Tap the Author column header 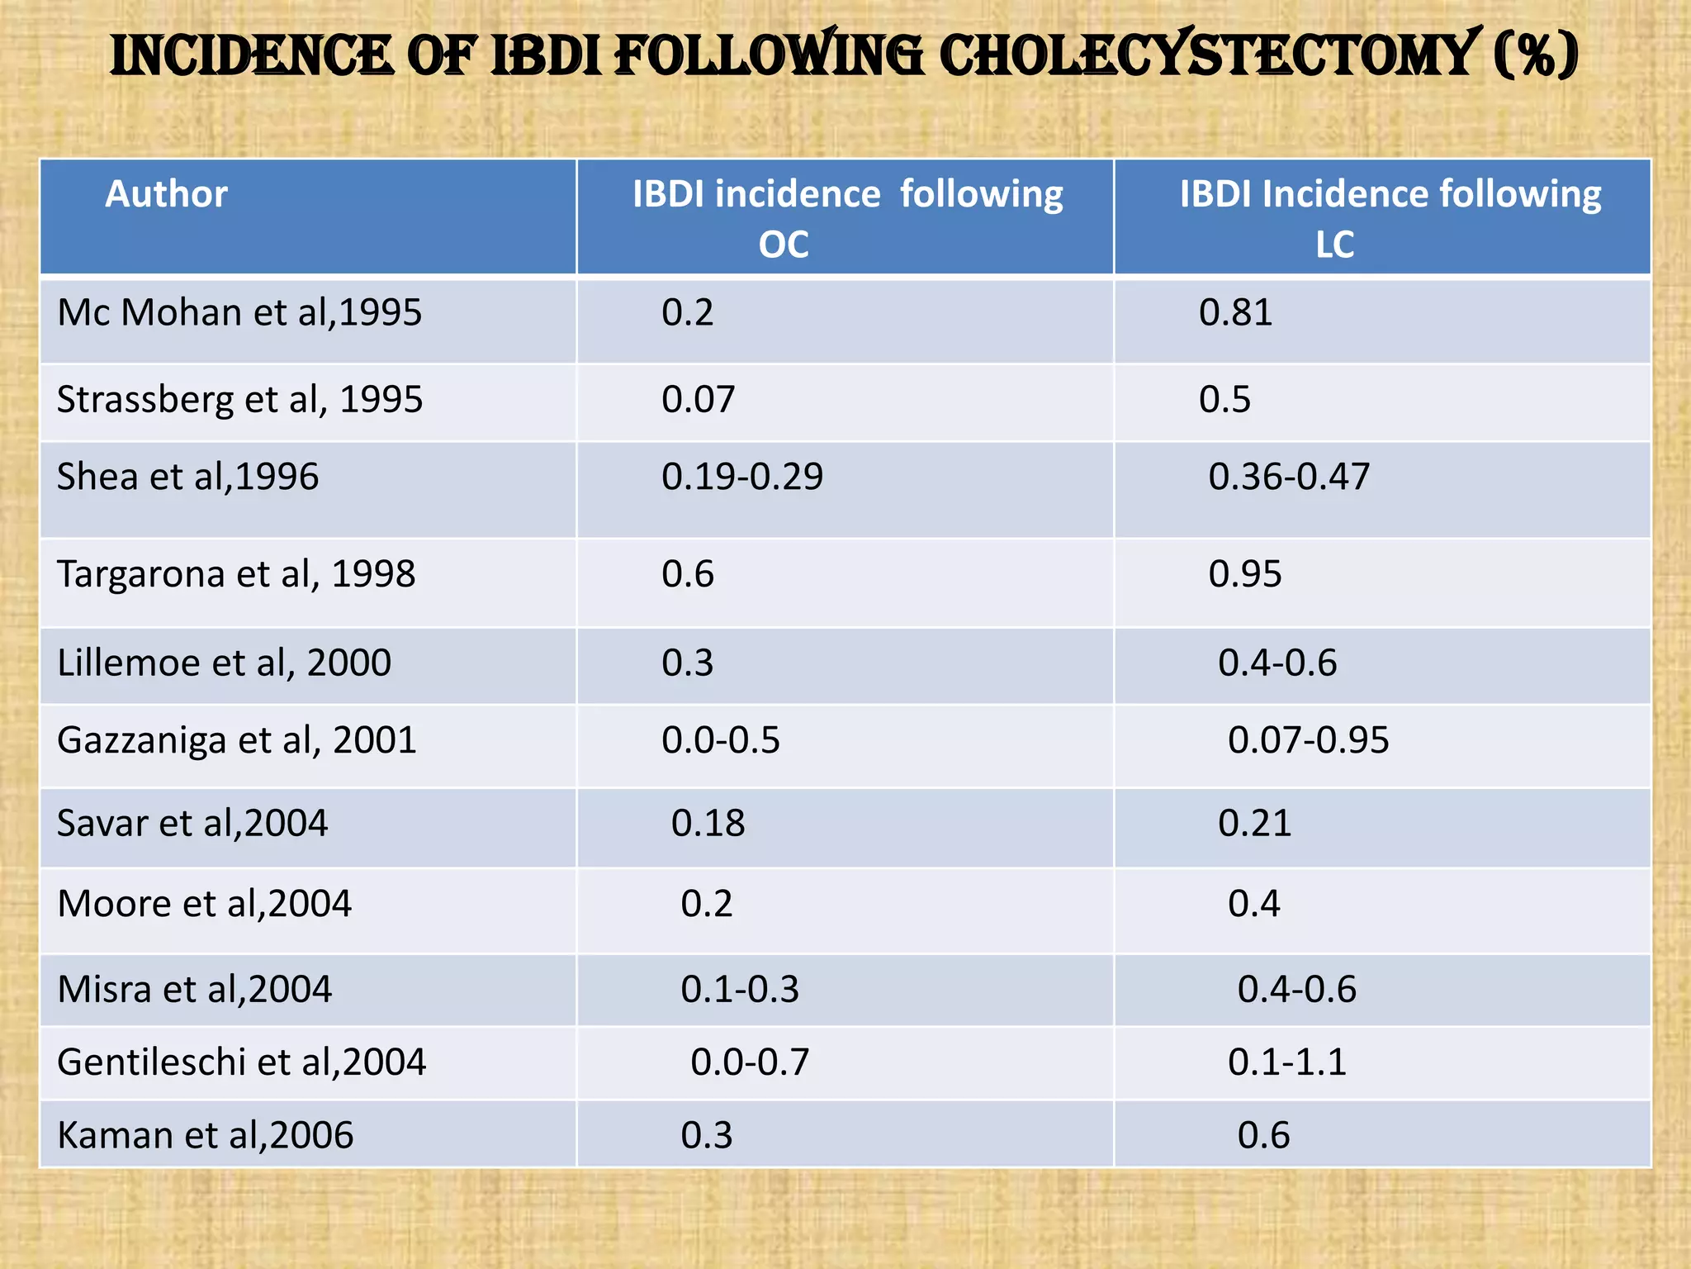pyautogui.click(x=166, y=194)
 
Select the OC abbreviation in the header pyautogui.click(x=784, y=245)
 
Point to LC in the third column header pyautogui.click(x=1334, y=245)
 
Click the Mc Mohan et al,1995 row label pyautogui.click(x=239, y=313)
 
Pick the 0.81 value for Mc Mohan pyautogui.click(x=1235, y=313)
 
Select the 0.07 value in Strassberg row pyautogui.click(x=698, y=400)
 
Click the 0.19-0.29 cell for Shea pyautogui.click(x=741, y=477)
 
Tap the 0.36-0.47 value pyautogui.click(x=1289, y=477)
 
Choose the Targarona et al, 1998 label pyautogui.click(x=236, y=574)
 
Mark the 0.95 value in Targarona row pyautogui.click(x=1245, y=574)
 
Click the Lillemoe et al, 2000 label pyautogui.click(x=224, y=663)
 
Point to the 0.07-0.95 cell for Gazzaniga pyautogui.click(x=1308, y=740)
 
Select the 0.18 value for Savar pyautogui.click(x=708, y=824)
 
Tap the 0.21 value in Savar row pyautogui.click(x=1254, y=824)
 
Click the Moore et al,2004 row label pyautogui.click(x=204, y=904)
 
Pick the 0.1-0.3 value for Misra pyautogui.click(x=740, y=990)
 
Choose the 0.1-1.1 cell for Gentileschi pyautogui.click(x=1287, y=1062)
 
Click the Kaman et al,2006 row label pyautogui.click(x=205, y=1136)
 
